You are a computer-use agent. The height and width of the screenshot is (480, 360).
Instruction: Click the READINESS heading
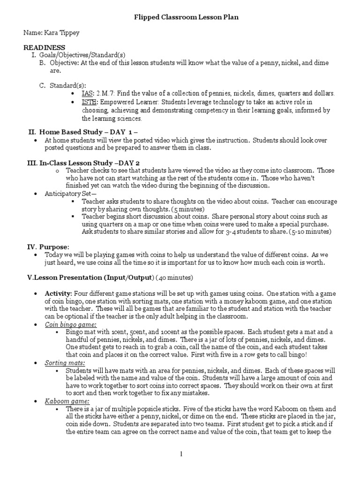[x=45, y=48]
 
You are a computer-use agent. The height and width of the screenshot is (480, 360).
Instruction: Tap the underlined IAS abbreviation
[x=87, y=93]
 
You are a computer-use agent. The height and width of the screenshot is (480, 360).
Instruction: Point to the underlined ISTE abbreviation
[x=89, y=102]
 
